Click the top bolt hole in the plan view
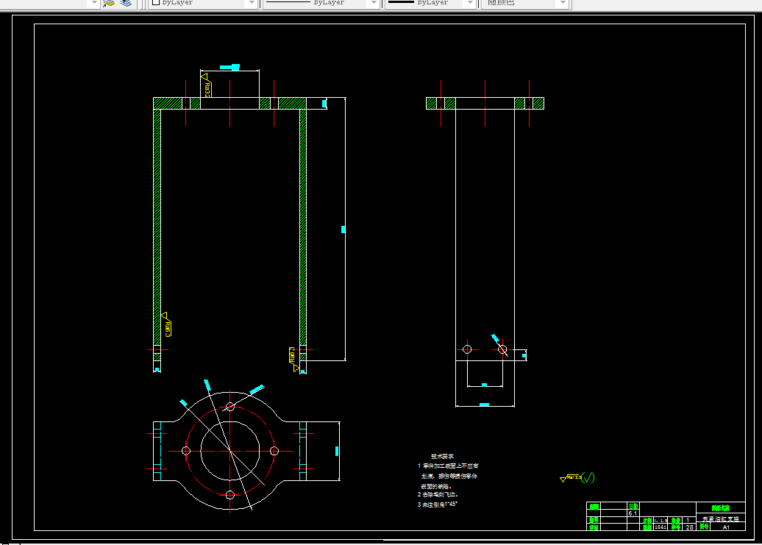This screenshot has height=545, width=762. click(x=230, y=406)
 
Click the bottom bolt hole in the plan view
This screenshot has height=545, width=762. click(x=230, y=494)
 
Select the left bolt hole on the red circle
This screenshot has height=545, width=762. click(x=186, y=450)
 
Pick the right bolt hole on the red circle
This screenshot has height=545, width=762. click(x=274, y=450)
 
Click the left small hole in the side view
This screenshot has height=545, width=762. click(x=467, y=349)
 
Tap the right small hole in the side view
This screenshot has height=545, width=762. click(x=502, y=349)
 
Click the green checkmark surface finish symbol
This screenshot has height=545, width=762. click(x=587, y=477)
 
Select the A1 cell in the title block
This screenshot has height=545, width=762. click(x=726, y=527)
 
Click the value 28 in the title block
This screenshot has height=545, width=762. click(x=689, y=527)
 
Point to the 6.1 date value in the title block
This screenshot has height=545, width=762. click(x=632, y=513)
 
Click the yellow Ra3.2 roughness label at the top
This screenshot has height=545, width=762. click(x=207, y=90)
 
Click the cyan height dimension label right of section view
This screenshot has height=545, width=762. click(x=343, y=229)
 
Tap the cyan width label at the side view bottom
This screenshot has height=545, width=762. click(x=484, y=405)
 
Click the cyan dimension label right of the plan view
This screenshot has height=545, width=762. click(x=337, y=450)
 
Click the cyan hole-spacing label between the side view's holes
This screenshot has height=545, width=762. click(x=484, y=385)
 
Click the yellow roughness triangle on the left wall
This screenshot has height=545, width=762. click(x=164, y=316)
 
